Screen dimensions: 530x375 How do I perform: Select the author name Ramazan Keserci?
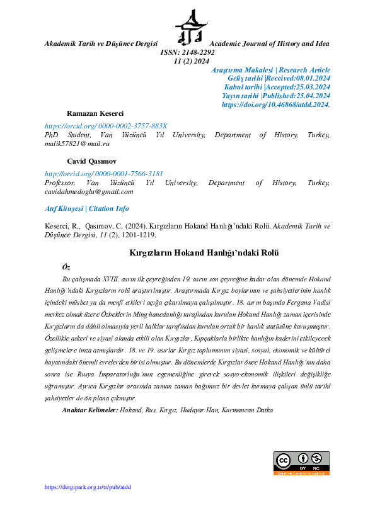tap(95, 112)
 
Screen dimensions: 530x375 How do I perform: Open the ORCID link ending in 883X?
tap(106, 126)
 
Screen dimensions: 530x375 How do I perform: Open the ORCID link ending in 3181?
tap(103, 174)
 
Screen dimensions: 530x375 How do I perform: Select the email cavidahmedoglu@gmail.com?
tap(88, 191)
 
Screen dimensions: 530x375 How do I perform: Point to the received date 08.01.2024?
tap(307, 77)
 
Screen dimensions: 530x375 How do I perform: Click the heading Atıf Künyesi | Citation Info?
tap(86, 208)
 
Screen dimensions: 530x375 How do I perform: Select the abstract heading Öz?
tap(66, 267)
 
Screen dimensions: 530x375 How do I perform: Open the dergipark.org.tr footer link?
tap(88, 487)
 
